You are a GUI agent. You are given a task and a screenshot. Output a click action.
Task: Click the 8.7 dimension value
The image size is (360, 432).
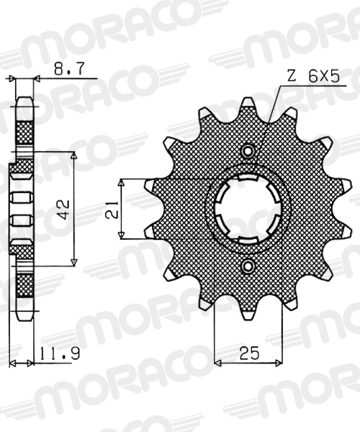(x=68, y=68)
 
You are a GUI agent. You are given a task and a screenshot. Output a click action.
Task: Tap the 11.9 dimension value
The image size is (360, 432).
(x=60, y=354)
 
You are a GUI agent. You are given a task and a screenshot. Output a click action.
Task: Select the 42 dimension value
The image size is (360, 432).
(x=64, y=210)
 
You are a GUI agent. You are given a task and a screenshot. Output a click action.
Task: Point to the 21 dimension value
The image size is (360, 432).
(x=112, y=210)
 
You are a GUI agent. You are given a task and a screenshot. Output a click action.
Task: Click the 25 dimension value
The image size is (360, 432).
(x=250, y=353)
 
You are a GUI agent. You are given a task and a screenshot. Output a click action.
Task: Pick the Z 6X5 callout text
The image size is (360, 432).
(x=313, y=76)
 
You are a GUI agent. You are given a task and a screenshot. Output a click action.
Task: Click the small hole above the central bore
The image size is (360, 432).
(x=248, y=150)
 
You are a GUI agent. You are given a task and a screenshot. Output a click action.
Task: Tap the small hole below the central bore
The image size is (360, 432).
(x=248, y=266)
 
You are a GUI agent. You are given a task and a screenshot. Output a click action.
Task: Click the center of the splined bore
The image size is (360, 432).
(x=248, y=209)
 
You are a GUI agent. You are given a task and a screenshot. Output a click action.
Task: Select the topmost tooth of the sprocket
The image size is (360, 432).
(x=248, y=104)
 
